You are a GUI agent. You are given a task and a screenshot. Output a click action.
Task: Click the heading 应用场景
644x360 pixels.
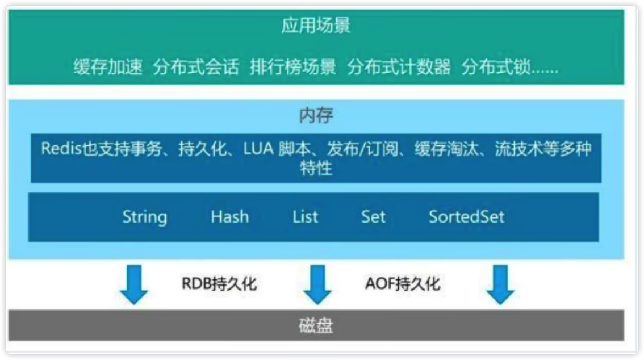pyautogui.click(x=316, y=27)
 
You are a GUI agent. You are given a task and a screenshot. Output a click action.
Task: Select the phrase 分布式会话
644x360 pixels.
pyautogui.click(x=196, y=68)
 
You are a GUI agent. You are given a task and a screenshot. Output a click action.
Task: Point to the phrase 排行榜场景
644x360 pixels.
pyautogui.click(x=293, y=68)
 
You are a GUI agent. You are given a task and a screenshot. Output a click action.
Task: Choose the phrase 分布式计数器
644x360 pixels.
pyautogui.click(x=399, y=68)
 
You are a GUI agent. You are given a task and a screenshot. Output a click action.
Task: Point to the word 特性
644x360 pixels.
pyautogui.click(x=316, y=169)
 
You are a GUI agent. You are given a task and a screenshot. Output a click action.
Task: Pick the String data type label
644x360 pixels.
pyautogui.click(x=145, y=217)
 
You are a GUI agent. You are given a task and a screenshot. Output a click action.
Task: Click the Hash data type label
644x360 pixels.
pyautogui.click(x=229, y=216)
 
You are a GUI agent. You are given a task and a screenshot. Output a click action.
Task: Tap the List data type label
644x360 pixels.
pyautogui.click(x=306, y=216)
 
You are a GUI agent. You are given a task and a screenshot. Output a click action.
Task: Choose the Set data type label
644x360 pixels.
pyautogui.click(x=373, y=216)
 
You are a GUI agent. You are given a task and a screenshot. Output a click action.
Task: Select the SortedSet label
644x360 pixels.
pyautogui.click(x=466, y=216)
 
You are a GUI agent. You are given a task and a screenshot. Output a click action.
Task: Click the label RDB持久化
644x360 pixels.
pyautogui.click(x=219, y=283)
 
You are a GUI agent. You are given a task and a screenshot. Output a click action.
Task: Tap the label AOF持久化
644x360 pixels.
pyautogui.click(x=402, y=283)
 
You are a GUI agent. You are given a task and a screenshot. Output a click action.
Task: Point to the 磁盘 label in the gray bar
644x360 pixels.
pyautogui.click(x=316, y=326)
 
